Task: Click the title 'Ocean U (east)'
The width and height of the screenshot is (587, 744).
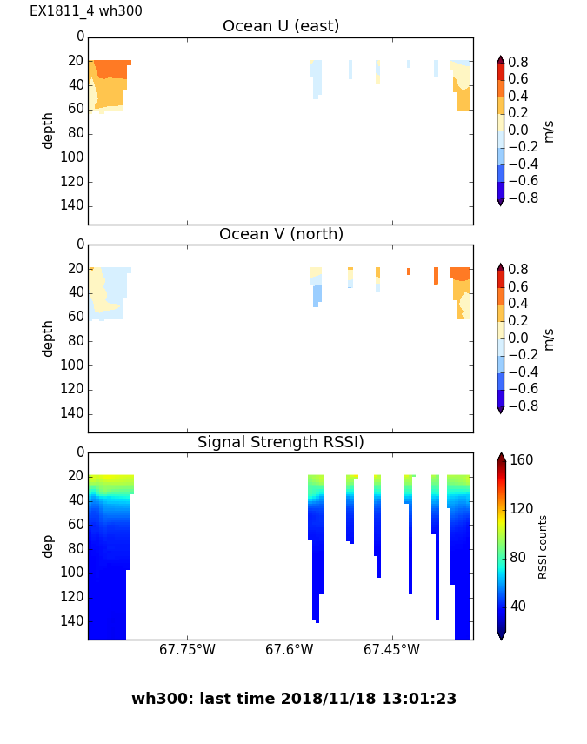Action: click(281, 27)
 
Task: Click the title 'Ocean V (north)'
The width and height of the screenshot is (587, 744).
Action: click(281, 235)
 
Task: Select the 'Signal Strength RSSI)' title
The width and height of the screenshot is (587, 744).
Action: click(281, 443)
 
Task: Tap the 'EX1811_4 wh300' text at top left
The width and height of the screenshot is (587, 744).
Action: click(86, 11)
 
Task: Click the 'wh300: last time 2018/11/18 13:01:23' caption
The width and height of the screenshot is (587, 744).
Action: click(294, 699)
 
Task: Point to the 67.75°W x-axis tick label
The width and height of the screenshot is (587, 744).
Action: click(187, 650)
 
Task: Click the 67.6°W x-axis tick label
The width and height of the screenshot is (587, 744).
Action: click(290, 650)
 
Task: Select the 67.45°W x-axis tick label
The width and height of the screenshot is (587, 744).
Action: click(392, 650)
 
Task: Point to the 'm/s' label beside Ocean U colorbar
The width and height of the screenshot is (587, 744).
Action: click(548, 131)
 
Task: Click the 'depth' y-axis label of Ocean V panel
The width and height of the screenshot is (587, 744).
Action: click(49, 338)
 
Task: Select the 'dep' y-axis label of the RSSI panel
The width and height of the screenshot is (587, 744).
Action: click(49, 546)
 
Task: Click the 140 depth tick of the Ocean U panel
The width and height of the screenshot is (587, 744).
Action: click(73, 205)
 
